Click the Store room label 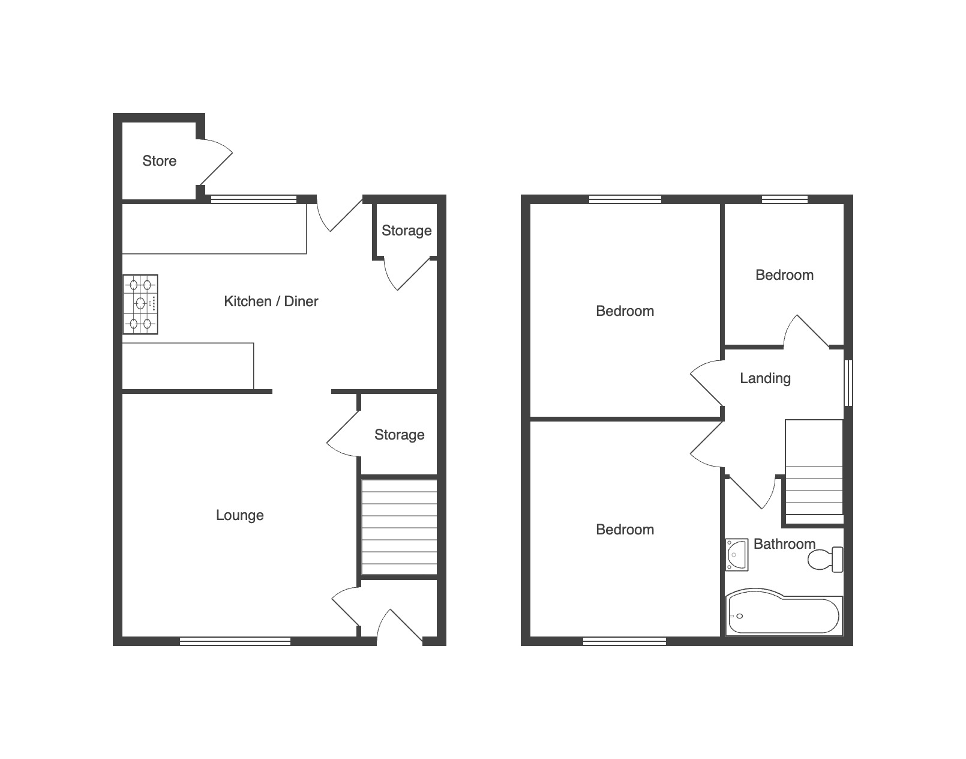coord(159,160)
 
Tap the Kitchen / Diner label coord(271,301)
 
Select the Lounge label coord(239,515)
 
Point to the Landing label coord(765,378)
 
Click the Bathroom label coord(784,543)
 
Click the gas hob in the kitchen coord(140,304)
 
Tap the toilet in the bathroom coord(825,559)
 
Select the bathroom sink coord(737,555)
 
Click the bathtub coord(784,612)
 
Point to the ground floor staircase coord(399,527)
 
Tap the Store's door coord(214,162)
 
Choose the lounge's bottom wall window coord(235,641)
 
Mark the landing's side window coord(848,383)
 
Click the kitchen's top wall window coord(253,199)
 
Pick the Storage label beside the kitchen coord(406,231)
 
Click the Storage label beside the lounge coord(399,435)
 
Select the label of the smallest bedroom coord(785,275)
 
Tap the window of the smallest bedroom coord(785,199)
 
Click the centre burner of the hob coord(140,303)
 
